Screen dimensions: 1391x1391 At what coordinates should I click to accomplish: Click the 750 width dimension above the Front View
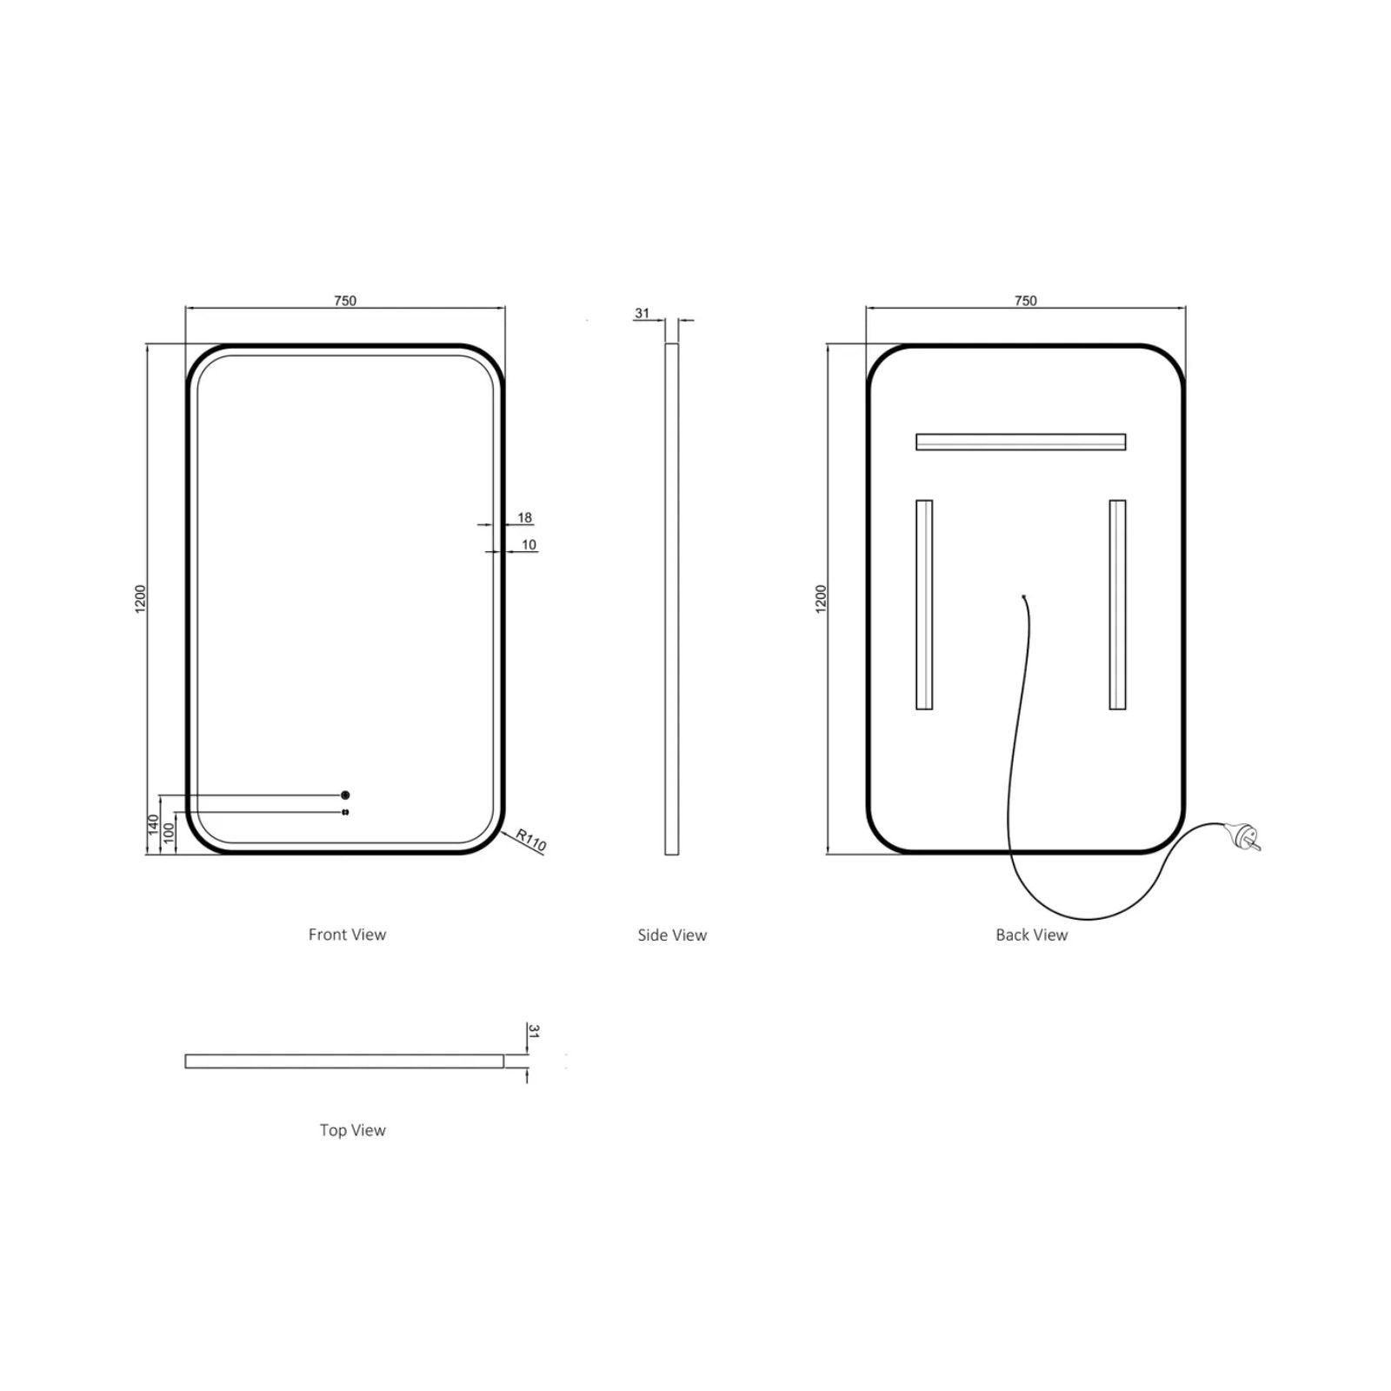tap(345, 301)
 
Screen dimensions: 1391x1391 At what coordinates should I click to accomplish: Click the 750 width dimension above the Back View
tap(1026, 301)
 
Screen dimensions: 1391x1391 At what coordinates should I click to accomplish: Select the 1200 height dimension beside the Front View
tap(141, 599)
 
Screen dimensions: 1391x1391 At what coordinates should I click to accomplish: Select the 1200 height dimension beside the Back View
tap(822, 599)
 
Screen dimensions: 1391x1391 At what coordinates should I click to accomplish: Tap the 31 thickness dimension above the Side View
tap(642, 313)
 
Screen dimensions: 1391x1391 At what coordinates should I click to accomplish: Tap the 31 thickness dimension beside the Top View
tap(534, 1032)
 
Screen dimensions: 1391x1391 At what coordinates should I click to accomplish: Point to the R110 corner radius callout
tap(530, 840)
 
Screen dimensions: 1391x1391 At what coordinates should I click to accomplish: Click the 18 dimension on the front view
tap(524, 518)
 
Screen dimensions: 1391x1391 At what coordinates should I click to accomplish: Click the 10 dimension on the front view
tap(529, 545)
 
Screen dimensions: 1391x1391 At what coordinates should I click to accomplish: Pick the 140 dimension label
tap(154, 825)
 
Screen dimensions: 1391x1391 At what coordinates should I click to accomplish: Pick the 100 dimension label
tap(170, 833)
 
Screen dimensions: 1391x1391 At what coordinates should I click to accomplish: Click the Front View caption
tap(347, 935)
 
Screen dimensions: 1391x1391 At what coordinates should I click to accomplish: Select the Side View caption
tap(672, 935)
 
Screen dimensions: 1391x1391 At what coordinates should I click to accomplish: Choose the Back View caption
tap(1031, 935)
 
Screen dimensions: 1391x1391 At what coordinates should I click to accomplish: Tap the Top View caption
tap(352, 1130)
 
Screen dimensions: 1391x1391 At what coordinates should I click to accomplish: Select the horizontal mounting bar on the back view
tap(1021, 442)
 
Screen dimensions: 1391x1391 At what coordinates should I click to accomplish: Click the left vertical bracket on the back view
tap(924, 604)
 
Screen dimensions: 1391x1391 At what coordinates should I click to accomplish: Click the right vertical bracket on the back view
tap(1117, 604)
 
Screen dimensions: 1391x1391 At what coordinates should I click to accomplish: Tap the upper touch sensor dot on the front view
tap(345, 795)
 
